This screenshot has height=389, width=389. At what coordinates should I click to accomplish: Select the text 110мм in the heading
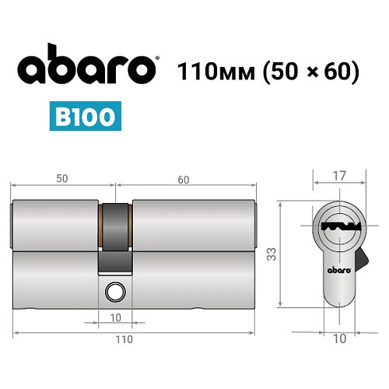tap(215, 71)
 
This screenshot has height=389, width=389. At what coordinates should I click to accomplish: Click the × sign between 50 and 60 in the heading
tap(309, 72)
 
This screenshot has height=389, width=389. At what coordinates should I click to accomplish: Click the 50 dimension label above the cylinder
tap(62, 178)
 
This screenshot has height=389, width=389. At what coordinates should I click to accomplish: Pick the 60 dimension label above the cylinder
tap(183, 178)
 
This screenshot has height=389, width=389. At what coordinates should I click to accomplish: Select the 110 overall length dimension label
tap(124, 339)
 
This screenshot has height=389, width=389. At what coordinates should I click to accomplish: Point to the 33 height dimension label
tap(272, 254)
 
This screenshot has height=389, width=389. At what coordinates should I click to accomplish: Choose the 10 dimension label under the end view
tap(339, 339)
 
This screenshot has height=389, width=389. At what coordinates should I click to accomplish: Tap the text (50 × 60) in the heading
tap(310, 71)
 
